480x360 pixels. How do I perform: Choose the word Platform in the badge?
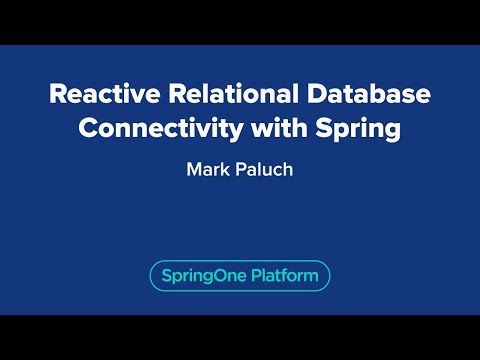[x=279, y=275]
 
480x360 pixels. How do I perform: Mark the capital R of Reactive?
[x=58, y=97]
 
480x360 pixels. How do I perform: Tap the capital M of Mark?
[x=193, y=169]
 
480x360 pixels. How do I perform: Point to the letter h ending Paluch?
[x=288, y=169]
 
